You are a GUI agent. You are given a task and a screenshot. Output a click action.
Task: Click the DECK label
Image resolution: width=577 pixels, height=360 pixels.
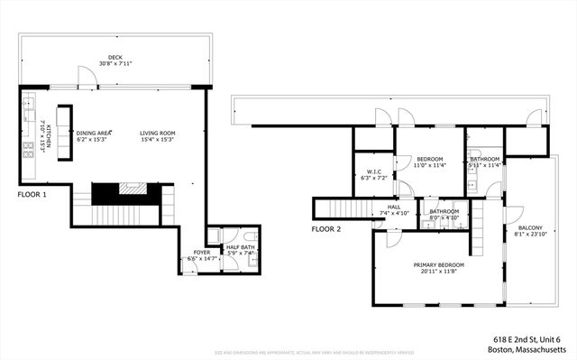coord(115,57)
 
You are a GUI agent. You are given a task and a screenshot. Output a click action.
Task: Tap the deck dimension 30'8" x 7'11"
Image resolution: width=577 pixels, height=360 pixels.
coord(115,64)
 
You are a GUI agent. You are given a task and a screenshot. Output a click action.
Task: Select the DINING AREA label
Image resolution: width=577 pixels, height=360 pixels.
coord(93,133)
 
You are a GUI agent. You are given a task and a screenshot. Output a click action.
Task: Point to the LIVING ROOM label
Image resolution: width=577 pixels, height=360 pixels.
coord(158,133)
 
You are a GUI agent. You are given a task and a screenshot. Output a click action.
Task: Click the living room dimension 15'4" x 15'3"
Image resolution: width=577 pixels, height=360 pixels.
coord(158,140)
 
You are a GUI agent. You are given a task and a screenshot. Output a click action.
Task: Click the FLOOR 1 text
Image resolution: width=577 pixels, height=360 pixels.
coord(32,194)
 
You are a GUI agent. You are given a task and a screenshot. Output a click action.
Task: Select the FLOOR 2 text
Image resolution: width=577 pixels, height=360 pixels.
coord(326,229)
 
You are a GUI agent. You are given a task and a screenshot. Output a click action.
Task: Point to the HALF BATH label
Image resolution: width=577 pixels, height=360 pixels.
coord(238,245)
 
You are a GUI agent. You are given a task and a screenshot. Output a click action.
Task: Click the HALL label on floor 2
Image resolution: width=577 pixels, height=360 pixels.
coord(394,207)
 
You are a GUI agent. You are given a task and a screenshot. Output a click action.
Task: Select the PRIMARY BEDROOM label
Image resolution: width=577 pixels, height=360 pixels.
coord(436,264)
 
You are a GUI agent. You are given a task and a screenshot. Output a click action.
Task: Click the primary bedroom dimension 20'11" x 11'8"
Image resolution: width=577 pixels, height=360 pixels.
coord(436,272)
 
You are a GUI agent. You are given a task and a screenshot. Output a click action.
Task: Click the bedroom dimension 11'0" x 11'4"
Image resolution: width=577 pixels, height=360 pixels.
coord(428,165)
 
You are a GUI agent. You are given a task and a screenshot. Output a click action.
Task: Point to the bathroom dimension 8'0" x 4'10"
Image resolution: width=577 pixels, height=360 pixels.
coord(444,217)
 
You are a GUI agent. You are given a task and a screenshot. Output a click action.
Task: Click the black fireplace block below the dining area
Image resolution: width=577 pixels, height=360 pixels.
coord(106,190)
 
